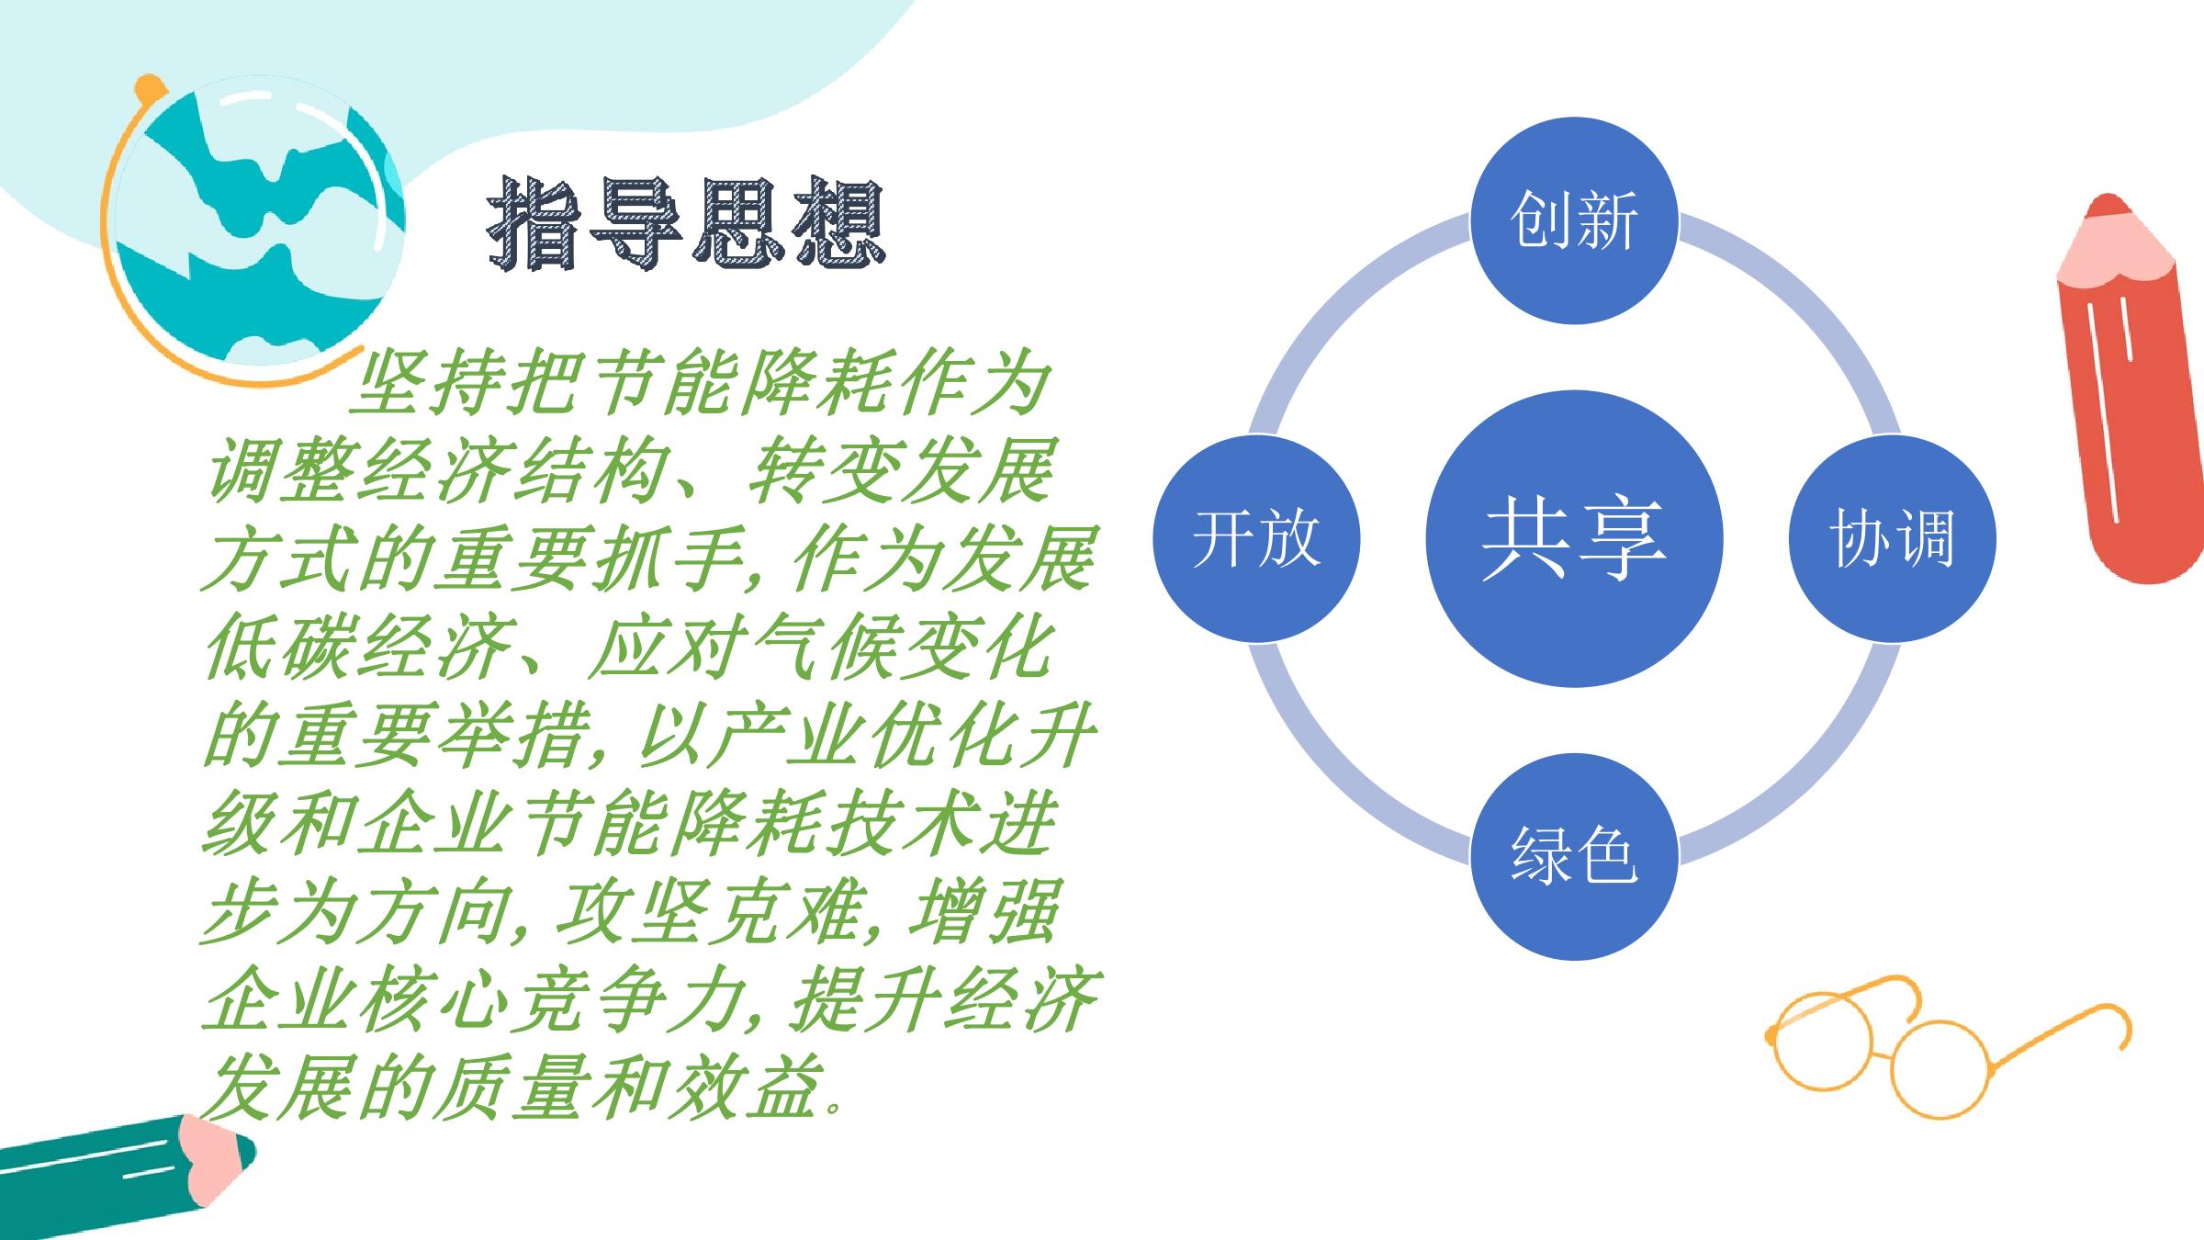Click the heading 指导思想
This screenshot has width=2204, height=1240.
686,222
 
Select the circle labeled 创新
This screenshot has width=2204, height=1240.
1574,220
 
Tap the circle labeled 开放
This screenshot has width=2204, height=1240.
1256,538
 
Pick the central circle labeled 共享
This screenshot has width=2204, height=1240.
1574,538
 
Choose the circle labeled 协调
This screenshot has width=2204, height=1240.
1892,538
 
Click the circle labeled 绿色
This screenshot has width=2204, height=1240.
1574,856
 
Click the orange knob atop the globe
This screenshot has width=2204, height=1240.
148,89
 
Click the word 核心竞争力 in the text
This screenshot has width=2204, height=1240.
551,1001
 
